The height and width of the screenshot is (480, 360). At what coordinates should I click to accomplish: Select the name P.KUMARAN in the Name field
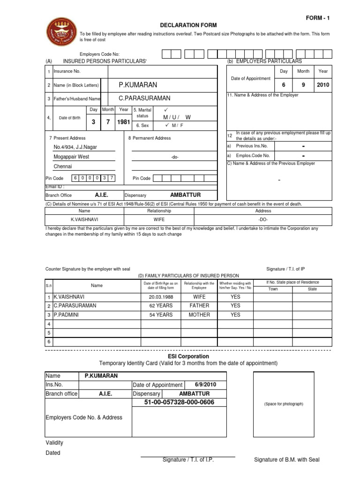tap(138, 85)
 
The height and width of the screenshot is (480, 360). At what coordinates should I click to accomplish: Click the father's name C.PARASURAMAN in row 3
tap(144, 98)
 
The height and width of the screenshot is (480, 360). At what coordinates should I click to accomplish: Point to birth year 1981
tap(124, 122)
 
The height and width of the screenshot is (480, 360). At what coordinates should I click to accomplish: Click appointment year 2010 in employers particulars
tap(323, 85)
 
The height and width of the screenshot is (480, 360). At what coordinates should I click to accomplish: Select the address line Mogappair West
tap(71, 157)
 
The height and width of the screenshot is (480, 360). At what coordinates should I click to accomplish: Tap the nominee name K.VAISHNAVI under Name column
tap(84, 219)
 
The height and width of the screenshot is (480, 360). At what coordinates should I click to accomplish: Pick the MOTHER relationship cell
tap(199, 315)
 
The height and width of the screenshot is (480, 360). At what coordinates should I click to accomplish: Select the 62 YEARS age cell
tap(161, 306)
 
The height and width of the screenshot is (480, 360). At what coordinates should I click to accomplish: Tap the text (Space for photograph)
tap(284, 404)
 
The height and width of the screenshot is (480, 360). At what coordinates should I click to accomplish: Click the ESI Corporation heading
tap(188, 356)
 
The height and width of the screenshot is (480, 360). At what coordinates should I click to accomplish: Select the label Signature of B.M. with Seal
tap(286, 460)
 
